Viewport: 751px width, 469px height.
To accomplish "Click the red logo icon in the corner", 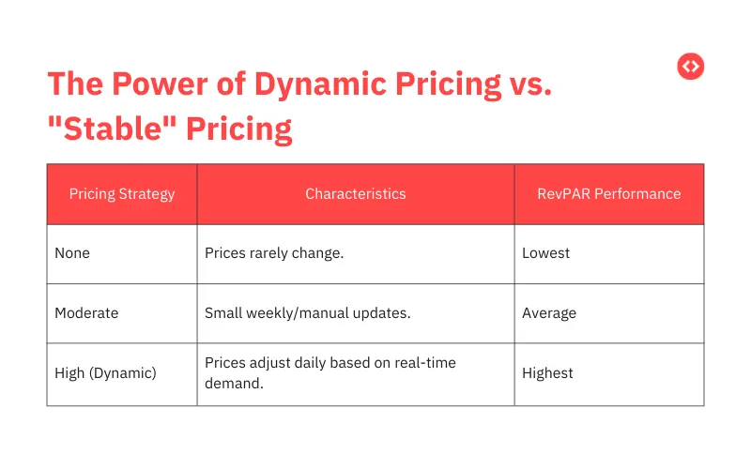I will pos(690,66).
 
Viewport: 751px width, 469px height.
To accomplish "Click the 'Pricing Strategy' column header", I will pos(122,194).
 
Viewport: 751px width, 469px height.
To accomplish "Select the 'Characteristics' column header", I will pos(356,194).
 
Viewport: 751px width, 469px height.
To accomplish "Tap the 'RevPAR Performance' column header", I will pos(608,194).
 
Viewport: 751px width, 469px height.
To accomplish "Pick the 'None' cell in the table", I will pos(72,253).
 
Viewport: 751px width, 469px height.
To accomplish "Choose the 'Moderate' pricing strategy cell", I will pos(86,313).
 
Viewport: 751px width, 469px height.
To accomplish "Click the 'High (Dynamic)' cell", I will pos(105,373).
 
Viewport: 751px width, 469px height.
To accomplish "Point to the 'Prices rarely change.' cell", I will pos(274,253).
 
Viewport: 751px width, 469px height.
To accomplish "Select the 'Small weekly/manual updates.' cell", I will pos(307,313).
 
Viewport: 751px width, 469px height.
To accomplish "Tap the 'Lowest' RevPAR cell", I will pos(545,253).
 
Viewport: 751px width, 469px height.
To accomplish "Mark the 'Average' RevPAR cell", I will pos(549,313).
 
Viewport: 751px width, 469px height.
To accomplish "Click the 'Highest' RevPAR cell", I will pos(547,373).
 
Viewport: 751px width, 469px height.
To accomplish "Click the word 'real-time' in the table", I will pos(422,363).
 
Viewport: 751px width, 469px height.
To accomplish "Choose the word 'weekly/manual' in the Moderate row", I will pos(299,313).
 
